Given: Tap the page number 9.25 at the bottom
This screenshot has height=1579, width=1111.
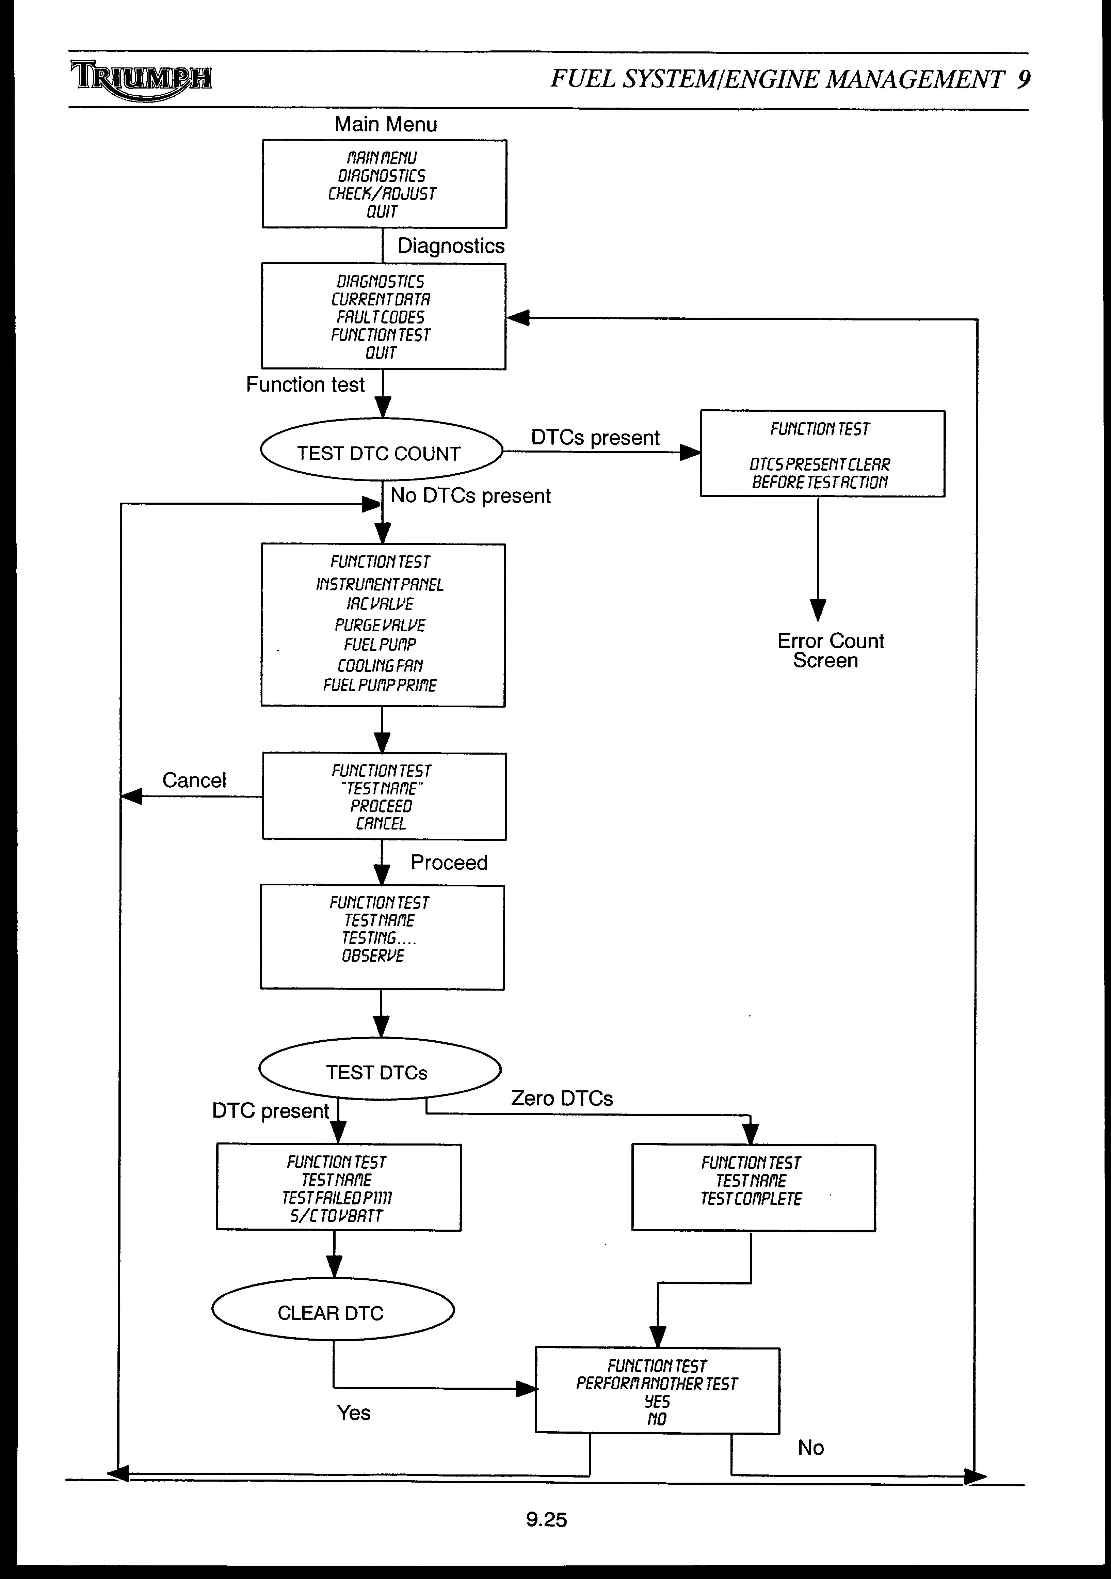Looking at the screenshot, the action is (547, 1519).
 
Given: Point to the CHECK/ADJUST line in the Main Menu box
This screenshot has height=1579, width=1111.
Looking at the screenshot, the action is (382, 194).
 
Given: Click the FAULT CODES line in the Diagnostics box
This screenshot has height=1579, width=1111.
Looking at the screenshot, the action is (381, 317).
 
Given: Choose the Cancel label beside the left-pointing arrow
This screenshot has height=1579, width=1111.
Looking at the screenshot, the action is (194, 780).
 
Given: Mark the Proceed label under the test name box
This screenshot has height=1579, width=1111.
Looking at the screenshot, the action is (449, 863).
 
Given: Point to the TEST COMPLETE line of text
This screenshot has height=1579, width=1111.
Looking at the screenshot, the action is (751, 1199).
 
